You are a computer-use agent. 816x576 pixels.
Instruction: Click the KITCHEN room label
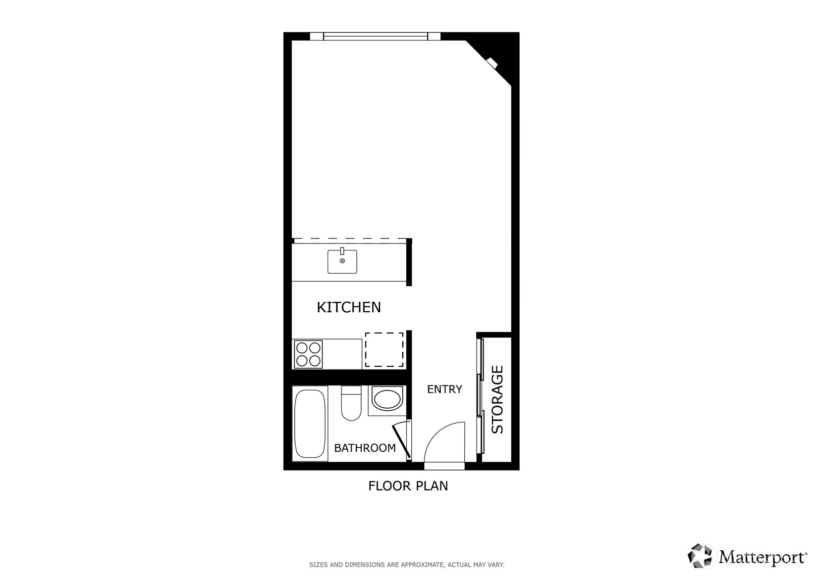[x=349, y=307]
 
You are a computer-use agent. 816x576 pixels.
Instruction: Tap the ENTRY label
[x=444, y=389]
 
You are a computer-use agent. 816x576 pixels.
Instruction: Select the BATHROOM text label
[x=365, y=448]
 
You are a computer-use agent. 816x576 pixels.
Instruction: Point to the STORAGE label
[x=497, y=399]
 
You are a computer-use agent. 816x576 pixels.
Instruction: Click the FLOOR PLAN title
[x=408, y=486]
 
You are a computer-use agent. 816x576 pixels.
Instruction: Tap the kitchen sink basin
[x=342, y=261]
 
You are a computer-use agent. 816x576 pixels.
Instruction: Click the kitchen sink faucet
[x=342, y=251]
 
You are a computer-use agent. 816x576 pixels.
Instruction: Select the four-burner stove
[x=308, y=354]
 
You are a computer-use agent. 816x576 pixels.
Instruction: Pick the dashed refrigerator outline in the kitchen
[x=384, y=350]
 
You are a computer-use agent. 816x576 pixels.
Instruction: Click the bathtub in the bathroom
[x=310, y=424]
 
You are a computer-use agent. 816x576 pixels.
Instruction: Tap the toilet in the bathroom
[x=351, y=403]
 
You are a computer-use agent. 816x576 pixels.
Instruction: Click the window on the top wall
[x=375, y=37]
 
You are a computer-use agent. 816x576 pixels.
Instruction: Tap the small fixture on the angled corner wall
[x=492, y=62]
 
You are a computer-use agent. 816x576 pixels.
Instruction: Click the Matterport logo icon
[x=700, y=556]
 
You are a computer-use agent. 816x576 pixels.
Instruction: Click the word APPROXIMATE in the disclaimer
[x=423, y=565]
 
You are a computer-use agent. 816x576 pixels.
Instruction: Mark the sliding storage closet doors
[x=481, y=396]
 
